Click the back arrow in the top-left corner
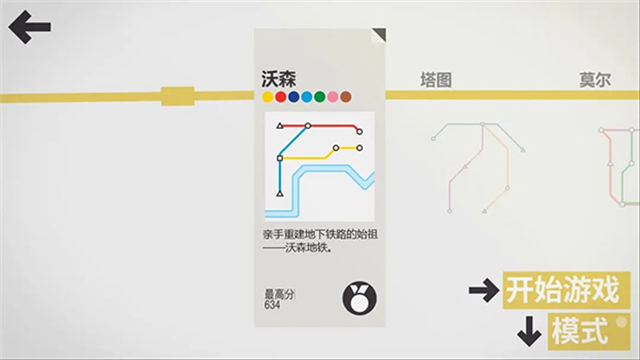pos(29,26)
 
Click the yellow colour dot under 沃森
pos(268,98)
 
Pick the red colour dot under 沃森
pos(281,98)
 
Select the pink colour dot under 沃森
pos(333,98)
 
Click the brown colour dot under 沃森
pos(346,98)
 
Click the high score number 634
pos(273,305)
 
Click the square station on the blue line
pos(281,159)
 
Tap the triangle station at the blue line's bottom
pos(280,192)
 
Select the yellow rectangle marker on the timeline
pos(177,97)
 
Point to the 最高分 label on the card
pos(279,294)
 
